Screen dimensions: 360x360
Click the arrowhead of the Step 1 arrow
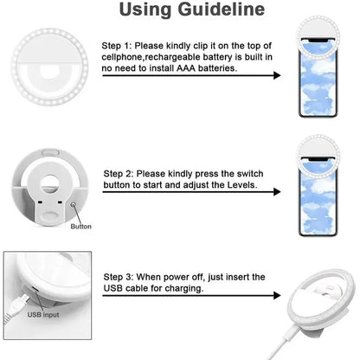point(276,76)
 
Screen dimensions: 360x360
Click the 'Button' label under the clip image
point(80,227)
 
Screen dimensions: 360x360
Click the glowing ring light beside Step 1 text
point(51,71)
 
